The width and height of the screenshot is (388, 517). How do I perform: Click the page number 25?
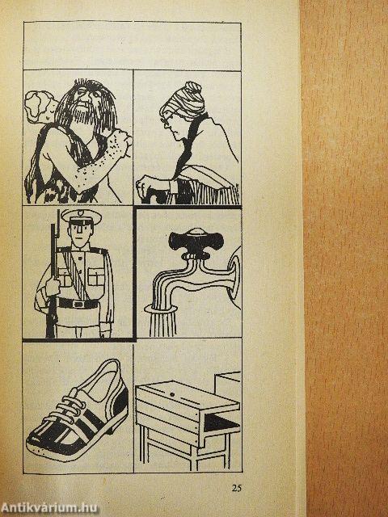tap(237, 488)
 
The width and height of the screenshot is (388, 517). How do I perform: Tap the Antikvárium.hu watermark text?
tap(49, 508)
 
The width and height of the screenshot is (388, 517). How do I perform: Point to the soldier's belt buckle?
tap(78, 304)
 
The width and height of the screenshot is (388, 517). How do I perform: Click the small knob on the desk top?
tap(172, 394)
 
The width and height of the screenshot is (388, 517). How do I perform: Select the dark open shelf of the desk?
tap(221, 422)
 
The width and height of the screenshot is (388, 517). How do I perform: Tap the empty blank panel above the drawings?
tap(133, 46)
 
